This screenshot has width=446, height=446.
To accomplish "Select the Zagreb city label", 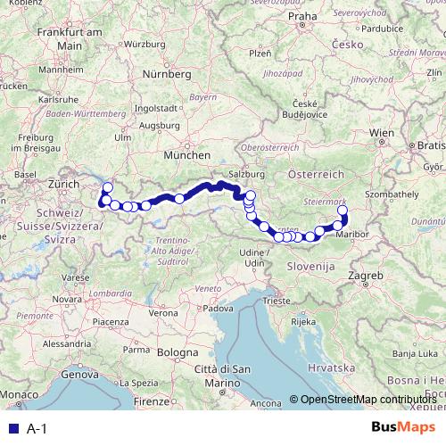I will click(369, 277).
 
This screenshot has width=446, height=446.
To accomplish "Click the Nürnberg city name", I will click(172, 74).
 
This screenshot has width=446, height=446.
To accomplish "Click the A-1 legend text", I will click(36, 429).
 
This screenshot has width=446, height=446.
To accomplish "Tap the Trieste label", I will click(275, 302).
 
